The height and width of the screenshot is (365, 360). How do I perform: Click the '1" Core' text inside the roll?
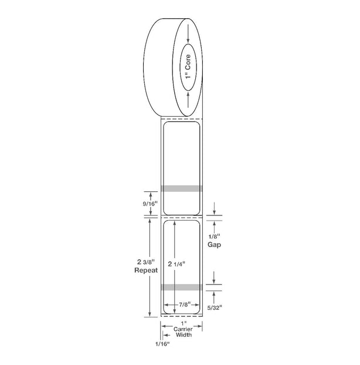click(188, 67)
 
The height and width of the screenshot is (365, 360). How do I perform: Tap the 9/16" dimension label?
click(150, 204)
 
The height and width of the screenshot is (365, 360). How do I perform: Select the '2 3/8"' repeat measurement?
click(146, 262)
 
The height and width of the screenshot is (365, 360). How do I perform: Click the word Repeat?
click(146, 271)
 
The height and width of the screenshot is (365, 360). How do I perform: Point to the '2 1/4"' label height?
click(176, 263)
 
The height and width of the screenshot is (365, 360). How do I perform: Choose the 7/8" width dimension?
click(185, 304)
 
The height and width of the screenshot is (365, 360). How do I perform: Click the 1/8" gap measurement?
click(214, 236)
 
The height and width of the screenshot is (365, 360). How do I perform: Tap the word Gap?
click(214, 245)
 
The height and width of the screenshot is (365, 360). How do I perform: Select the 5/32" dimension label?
click(215, 307)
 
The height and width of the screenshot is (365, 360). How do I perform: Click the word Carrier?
click(183, 329)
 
